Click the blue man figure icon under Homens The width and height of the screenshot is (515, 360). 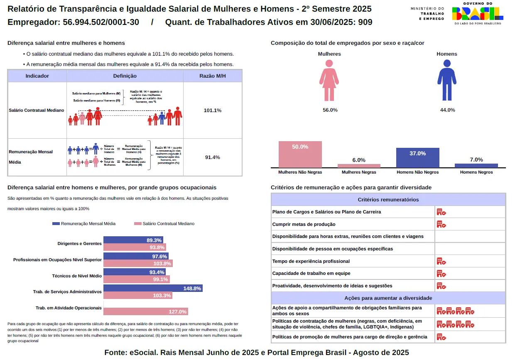point(447,80)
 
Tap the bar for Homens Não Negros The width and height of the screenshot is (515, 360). point(417,158)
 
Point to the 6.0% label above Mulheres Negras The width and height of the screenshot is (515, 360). point(359,160)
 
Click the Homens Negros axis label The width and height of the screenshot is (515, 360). point(476,172)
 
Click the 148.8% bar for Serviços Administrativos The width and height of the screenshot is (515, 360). point(153,288)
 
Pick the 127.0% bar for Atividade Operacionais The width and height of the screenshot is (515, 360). point(145,311)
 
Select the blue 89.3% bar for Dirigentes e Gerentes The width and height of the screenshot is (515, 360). point(133,240)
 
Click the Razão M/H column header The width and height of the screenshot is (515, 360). point(212,76)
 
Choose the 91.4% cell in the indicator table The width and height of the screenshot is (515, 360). point(212,157)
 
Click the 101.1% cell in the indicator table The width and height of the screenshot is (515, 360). point(212,110)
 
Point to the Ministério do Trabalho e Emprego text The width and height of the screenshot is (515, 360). point(427,13)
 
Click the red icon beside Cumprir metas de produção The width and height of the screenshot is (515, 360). point(441,224)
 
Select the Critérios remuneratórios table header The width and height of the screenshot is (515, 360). point(388,199)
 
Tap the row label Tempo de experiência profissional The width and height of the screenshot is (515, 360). point(311,261)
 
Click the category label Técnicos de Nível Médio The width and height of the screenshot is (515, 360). point(76,276)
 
